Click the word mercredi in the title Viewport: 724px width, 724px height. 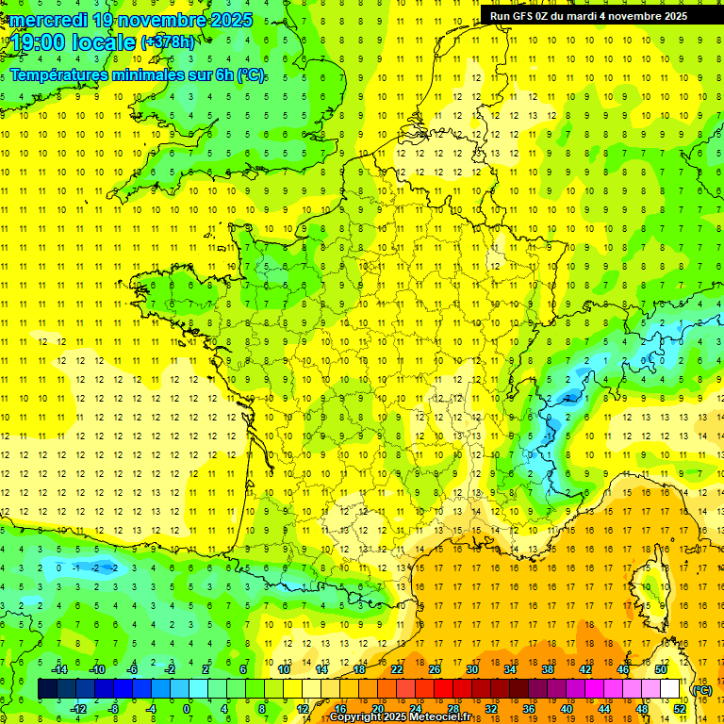pyautogui.click(x=48, y=20)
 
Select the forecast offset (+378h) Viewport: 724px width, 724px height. pyautogui.click(x=168, y=42)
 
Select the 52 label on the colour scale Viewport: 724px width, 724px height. pyautogui.click(x=680, y=708)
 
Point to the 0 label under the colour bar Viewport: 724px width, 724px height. pyautogui.click(x=186, y=708)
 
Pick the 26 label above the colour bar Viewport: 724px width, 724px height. pyautogui.click(x=435, y=669)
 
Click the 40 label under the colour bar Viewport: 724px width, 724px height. pyautogui.click(x=567, y=708)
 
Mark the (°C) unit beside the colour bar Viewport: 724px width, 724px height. pyautogui.click(x=702, y=689)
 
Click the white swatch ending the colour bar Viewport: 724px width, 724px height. pyautogui.click(x=669, y=689)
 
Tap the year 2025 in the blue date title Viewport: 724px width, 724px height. pyautogui.click(x=232, y=20)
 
